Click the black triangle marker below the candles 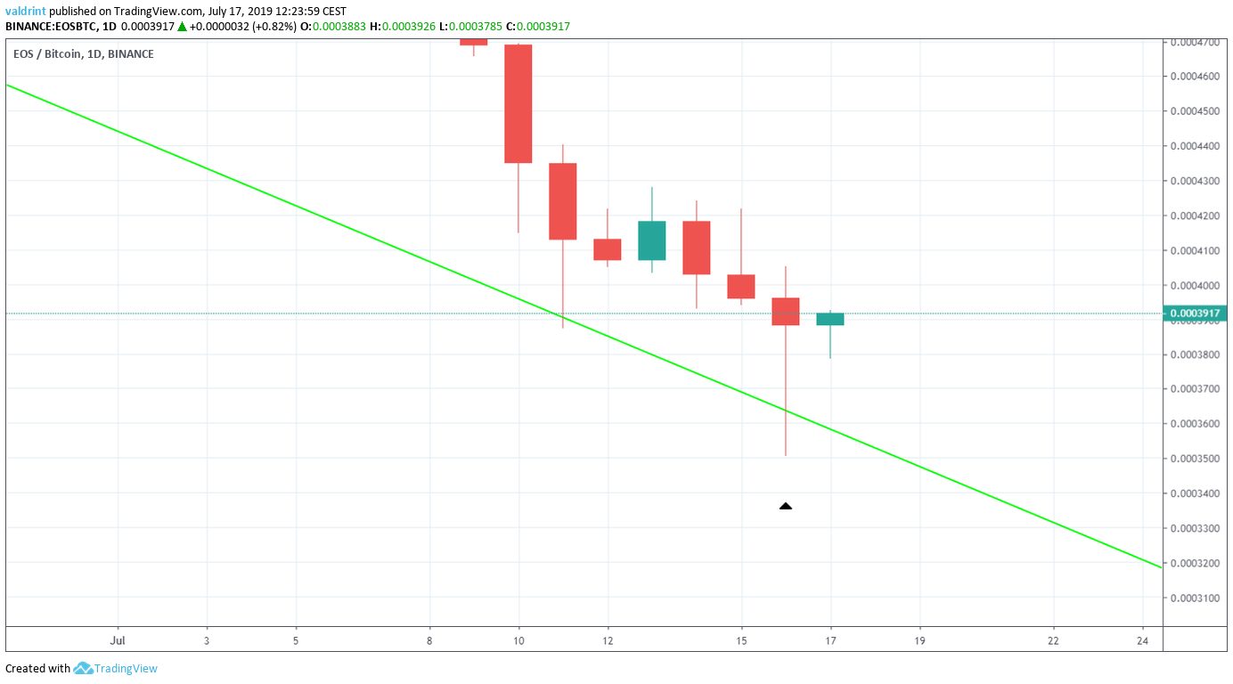click(x=785, y=506)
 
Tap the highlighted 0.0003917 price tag click(x=1196, y=313)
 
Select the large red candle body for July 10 click(x=519, y=103)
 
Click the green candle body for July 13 click(x=652, y=240)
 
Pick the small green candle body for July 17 click(x=830, y=319)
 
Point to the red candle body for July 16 click(x=786, y=311)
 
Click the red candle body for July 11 click(x=563, y=201)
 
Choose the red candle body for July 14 click(x=697, y=248)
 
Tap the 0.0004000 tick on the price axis click(x=1195, y=285)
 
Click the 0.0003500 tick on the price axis click(x=1195, y=459)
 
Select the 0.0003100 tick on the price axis click(x=1195, y=598)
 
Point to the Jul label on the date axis click(x=117, y=639)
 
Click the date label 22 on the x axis click(x=1053, y=639)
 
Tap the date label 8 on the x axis click(x=429, y=639)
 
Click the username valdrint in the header click(x=26, y=12)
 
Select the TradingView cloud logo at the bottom click(x=84, y=668)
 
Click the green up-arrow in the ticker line click(x=183, y=27)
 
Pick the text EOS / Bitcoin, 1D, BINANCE click(x=83, y=54)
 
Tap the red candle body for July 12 click(x=608, y=249)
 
